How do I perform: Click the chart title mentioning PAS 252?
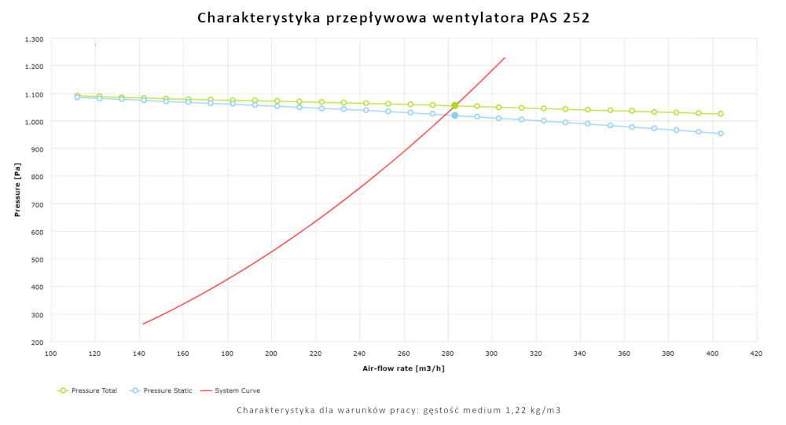(393, 17)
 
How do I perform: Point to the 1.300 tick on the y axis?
(34, 38)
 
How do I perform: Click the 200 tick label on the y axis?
(36, 342)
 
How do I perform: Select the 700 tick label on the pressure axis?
(36, 204)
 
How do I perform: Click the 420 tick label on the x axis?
(756, 354)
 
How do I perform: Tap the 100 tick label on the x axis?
(51, 354)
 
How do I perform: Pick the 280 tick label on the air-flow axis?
(448, 354)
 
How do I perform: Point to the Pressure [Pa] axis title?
(17, 190)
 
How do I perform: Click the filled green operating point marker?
(454, 105)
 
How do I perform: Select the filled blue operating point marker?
(454, 115)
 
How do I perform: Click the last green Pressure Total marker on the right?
(720, 114)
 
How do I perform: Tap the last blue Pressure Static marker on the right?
(720, 134)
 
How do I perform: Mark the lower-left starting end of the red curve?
(143, 324)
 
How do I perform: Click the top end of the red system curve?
(505, 57)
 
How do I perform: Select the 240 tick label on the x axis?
(360, 354)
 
